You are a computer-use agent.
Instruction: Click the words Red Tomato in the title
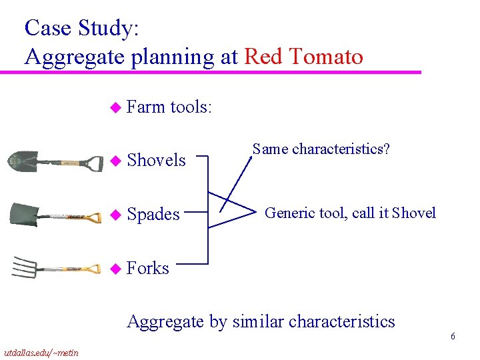pos(304,57)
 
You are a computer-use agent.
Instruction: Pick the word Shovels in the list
pos(156,160)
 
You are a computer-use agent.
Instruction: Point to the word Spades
pos(153,214)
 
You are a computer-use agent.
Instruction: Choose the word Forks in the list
pos(147,268)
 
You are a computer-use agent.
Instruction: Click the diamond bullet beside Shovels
pos(115,161)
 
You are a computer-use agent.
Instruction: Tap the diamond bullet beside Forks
pos(115,269)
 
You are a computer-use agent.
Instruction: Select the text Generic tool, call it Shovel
pos(350,213)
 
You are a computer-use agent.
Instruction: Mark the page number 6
pos(453,337)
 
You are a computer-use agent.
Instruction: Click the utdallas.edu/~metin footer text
pos(41,352)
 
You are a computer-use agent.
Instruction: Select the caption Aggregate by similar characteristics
pos(261,321)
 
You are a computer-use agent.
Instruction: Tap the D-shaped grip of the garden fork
pos(91,270)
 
